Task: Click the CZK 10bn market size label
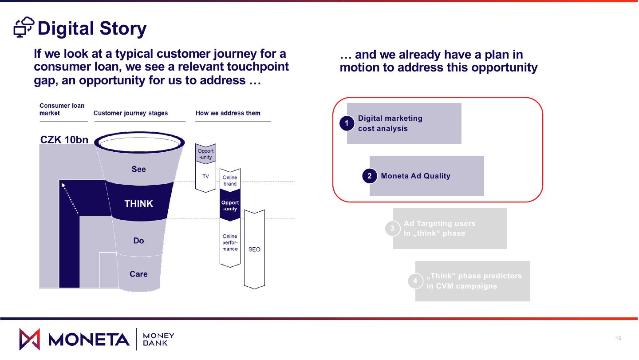[64, 140]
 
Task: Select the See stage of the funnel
[138, 169]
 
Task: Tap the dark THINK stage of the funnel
[138, 204]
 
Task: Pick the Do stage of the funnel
[138, 241]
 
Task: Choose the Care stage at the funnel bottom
[138, 274]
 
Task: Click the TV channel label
[205, 177]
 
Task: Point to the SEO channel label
[254, 249]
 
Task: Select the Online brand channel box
[230, 181]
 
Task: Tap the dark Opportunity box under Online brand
[230, 206]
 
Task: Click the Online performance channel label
[230, 243]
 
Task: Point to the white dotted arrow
[70, 198]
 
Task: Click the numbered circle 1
[347, 123]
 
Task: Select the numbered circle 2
[369, 176]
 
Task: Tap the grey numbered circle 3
[392, 229]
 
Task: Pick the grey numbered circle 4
[415, 281]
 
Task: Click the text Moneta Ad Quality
[415, 176]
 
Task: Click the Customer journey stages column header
[130, 113]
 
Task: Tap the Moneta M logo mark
[29, 339]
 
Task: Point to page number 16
[619, 339]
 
